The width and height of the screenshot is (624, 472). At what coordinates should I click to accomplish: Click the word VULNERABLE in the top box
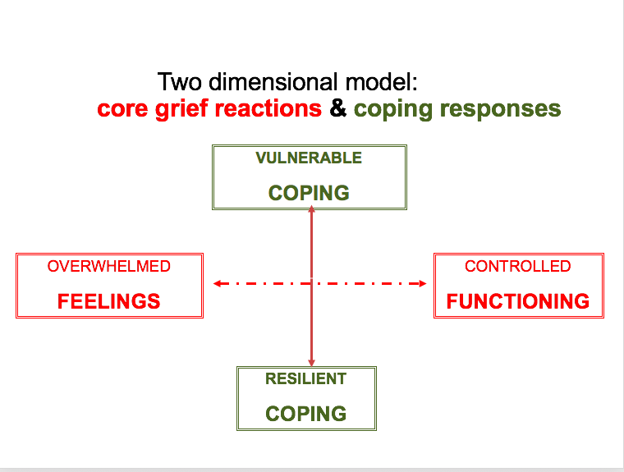[309, 158]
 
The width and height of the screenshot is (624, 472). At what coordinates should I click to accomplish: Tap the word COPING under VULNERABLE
[309, 193]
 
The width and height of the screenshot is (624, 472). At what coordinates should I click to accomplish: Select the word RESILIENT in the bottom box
[305, 379]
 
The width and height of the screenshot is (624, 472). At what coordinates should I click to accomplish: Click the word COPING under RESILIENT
[305, 414]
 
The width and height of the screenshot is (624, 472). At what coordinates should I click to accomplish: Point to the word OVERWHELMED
[109, 267]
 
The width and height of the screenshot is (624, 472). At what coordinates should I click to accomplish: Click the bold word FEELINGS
[109, 301]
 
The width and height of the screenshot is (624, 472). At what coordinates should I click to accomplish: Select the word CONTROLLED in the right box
[517, 267]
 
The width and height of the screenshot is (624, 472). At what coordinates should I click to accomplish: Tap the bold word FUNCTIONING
[517, 301]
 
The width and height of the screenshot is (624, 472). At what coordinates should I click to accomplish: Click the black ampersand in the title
[337, 108]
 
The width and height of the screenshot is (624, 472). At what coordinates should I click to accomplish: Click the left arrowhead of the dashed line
[217, 284]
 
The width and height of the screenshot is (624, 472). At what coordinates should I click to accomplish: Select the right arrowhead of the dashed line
[423, 284]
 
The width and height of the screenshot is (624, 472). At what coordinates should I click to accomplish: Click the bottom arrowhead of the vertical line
[311, 362]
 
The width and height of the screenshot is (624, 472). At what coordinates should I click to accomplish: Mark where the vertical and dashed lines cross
[311, 284]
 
